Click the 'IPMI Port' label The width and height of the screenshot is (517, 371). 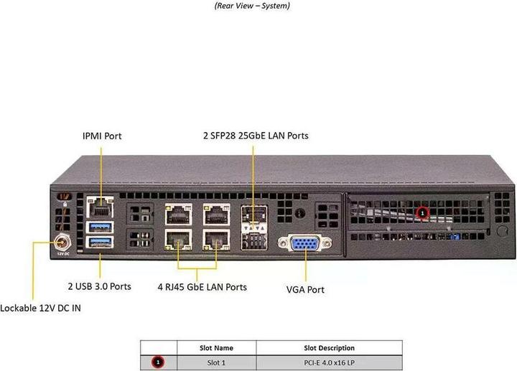[102, 136]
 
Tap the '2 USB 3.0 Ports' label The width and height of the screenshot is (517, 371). [99, 286]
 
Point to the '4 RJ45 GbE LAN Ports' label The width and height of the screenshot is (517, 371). [202, 287]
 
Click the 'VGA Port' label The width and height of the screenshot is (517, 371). [305, 290]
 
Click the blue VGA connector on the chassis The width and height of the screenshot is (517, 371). [304, 244]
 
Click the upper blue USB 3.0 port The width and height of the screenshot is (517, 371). [99, 227]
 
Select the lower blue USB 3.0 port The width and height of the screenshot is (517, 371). [99, 242]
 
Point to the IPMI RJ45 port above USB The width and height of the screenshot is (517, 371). [98, 209]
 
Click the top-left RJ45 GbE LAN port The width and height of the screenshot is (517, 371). [177, 214]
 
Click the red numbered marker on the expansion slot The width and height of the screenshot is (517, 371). [422, 212]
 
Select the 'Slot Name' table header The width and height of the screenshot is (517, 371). [215, 348]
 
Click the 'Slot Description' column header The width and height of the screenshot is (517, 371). [329, 348]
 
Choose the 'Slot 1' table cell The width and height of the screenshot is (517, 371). [215, 362]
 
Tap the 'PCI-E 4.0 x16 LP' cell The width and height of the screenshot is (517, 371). [329, 362]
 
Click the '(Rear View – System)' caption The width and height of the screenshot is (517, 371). [252, 6]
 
